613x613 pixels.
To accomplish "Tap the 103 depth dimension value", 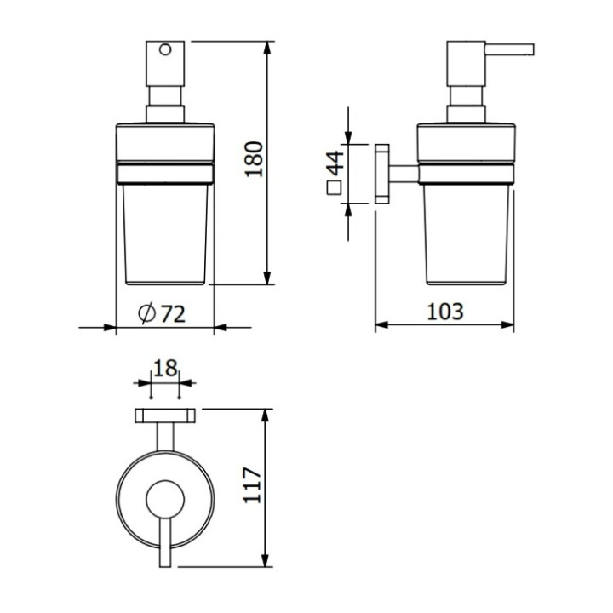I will point(445,312).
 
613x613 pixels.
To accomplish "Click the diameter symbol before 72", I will point(146,314).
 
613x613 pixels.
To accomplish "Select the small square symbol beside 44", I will point(335,188).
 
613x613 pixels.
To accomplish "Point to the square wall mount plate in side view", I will point(381,174).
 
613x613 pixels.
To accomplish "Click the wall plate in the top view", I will point(164,415).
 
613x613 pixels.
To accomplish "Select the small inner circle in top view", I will point(164,496).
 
